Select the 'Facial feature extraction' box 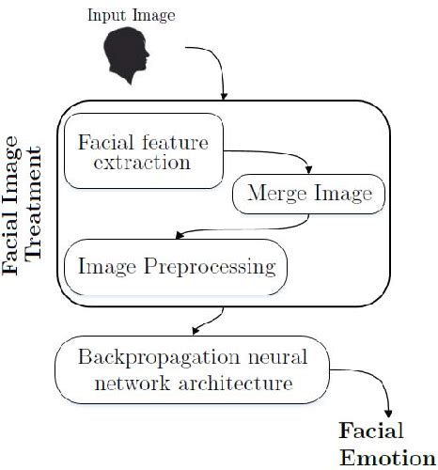point(143,150)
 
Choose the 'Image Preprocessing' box point(175,267)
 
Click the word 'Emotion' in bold point(374,459)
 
